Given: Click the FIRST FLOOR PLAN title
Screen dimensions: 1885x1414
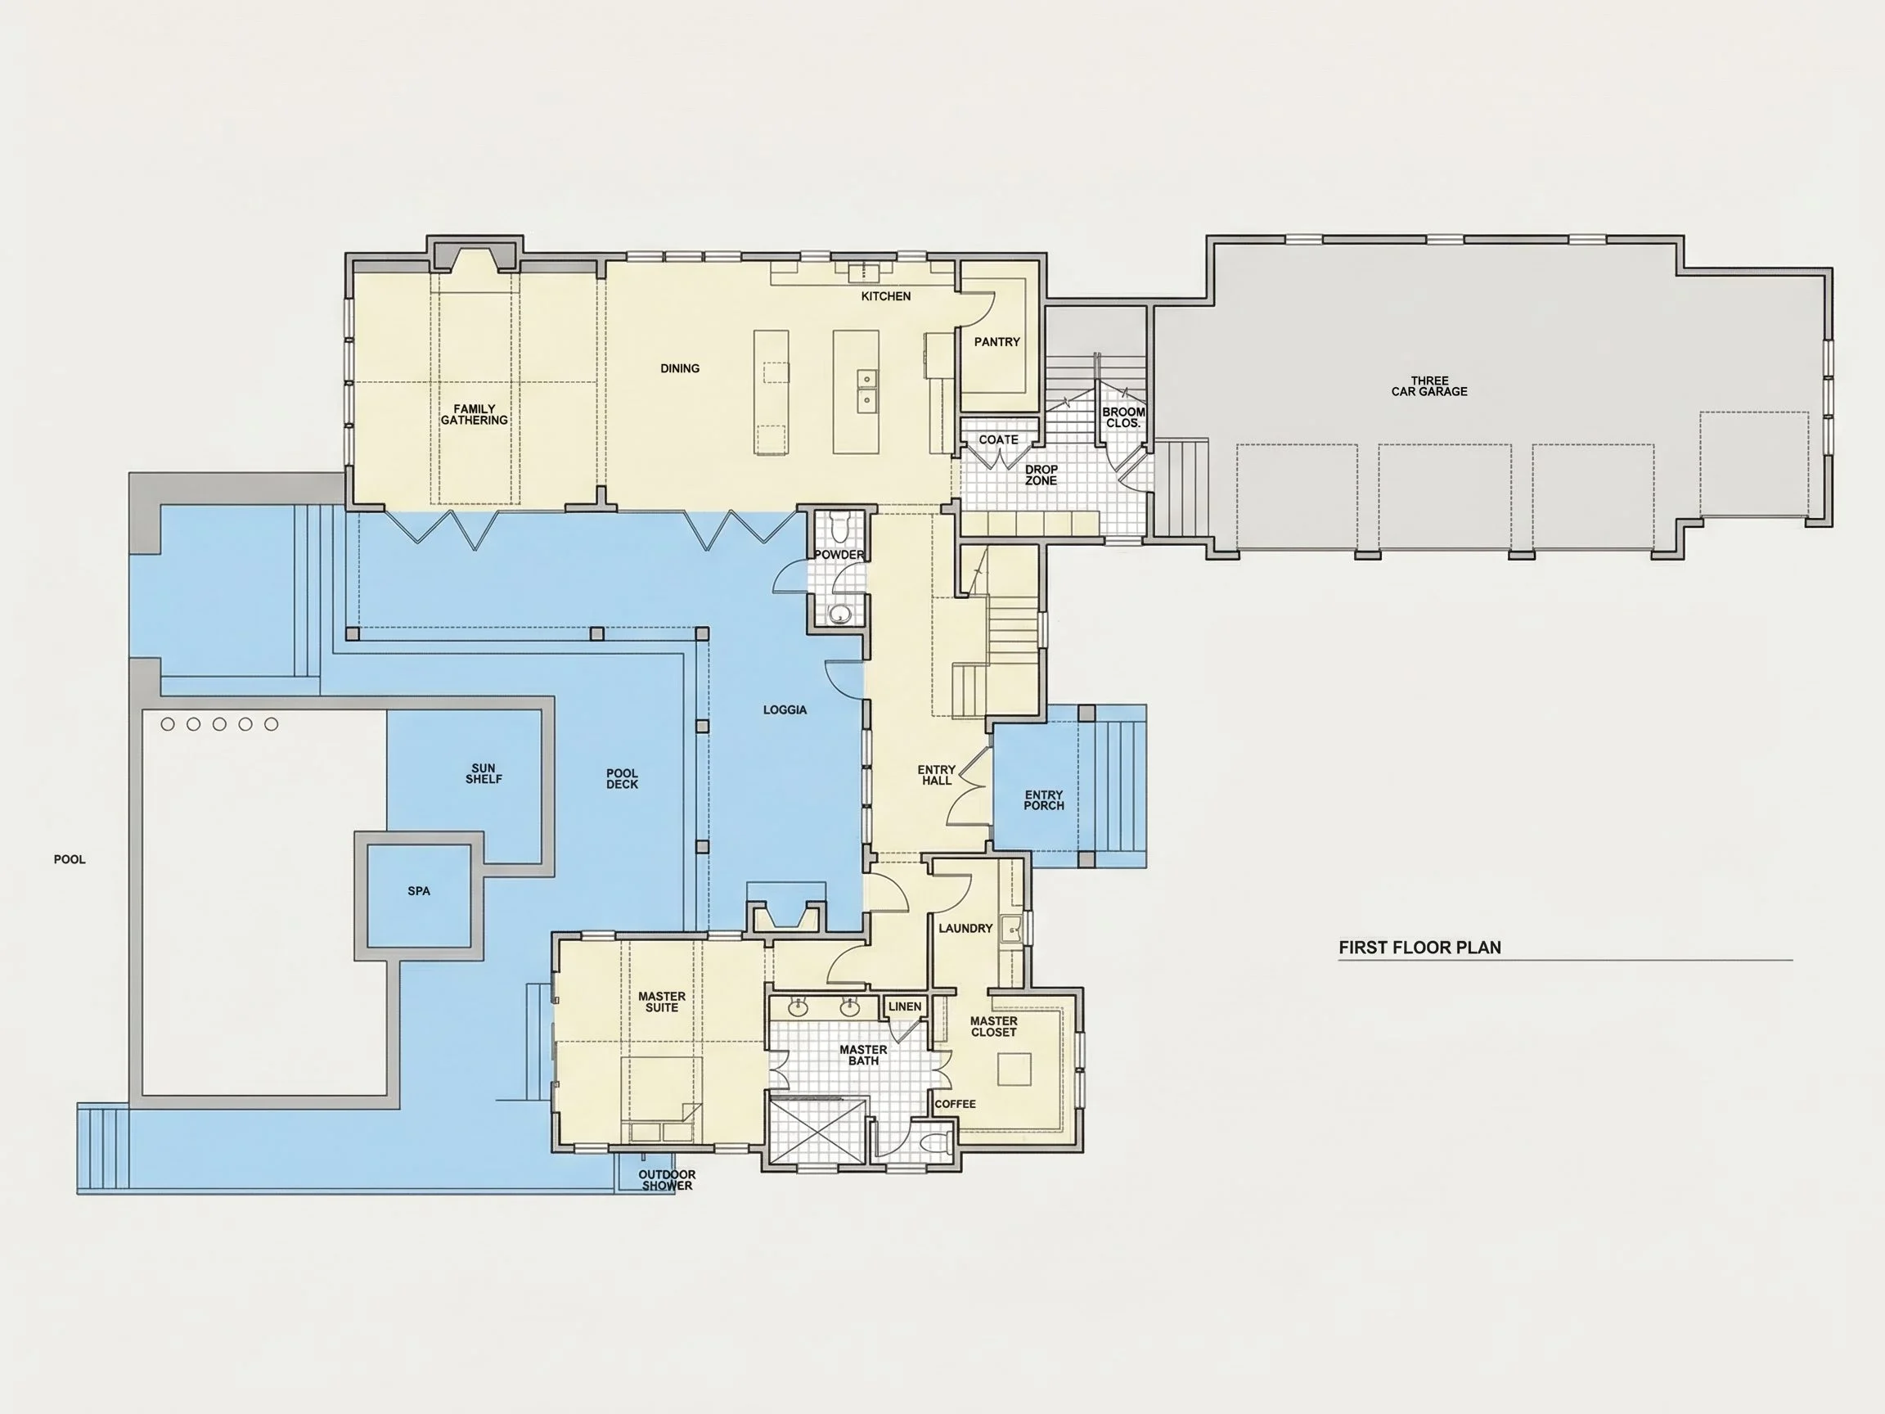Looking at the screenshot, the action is [1419, 947].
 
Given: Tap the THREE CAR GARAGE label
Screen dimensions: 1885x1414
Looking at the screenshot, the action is [1429, 386].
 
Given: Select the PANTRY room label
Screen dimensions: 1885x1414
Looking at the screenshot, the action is [997, 342].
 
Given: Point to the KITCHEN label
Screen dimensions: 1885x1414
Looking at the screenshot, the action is [886, 295].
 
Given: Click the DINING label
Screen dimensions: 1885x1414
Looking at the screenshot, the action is [680, 368].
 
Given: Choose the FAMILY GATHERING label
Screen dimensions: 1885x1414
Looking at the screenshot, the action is [474, 414].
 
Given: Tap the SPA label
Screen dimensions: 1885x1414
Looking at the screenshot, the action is [418, 890].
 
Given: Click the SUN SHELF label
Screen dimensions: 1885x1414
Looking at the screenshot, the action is [484, 773].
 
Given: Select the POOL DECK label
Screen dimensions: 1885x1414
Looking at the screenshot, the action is [622, 778].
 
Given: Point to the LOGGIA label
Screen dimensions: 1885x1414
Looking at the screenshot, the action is [785, 709].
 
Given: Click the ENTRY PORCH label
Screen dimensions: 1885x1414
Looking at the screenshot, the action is [1044, 799].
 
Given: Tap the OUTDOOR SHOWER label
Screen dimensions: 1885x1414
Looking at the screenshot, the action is [668, 1180].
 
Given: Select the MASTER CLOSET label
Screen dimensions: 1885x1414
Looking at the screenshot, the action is [993, 1026].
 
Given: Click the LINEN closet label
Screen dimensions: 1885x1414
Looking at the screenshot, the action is [905, 1006].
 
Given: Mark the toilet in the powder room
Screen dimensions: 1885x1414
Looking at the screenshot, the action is [839, 528].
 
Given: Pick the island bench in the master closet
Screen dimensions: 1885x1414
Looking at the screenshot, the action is [1014, 1069].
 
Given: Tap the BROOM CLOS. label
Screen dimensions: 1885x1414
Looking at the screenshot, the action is [1123, 417].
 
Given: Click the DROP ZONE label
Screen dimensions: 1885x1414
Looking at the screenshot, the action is [1041, 475].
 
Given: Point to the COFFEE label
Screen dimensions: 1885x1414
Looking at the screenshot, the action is [956, 1104].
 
